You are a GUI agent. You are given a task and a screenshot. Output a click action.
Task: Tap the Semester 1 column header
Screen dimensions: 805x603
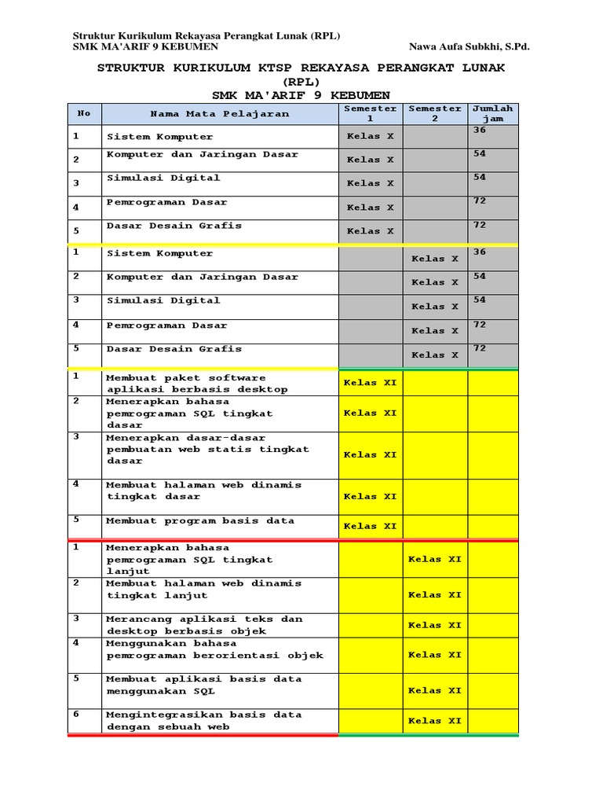(370, 113)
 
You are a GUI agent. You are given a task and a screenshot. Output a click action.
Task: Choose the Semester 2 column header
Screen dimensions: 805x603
(435, 113)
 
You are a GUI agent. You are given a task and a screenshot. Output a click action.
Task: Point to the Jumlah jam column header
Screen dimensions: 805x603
(492, 113)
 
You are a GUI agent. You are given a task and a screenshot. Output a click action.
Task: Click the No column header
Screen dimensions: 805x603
(84, 113)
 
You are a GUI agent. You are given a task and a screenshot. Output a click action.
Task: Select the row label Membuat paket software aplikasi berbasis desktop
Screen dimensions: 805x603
(196, 384)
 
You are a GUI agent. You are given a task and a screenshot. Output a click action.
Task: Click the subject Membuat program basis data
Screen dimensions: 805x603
(200, 520)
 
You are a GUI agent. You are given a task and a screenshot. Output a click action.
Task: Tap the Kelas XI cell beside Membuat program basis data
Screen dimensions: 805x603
(370, 526)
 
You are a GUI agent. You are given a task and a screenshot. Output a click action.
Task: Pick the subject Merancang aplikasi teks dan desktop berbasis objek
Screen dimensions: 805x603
(203, 625)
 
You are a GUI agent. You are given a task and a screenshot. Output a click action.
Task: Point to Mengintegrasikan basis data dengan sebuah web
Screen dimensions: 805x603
(203, 721)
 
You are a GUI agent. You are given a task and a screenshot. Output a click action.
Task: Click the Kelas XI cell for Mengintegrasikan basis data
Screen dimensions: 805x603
(435, 720)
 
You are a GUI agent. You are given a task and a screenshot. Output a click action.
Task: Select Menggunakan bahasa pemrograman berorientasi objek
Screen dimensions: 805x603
(214, 649)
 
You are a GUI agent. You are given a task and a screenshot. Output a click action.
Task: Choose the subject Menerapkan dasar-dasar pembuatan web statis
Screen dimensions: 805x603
(207, 450)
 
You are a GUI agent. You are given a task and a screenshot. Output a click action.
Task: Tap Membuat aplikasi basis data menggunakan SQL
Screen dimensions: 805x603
(203, 685)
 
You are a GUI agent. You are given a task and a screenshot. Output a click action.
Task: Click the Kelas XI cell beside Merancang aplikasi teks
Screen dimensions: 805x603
(435, 625)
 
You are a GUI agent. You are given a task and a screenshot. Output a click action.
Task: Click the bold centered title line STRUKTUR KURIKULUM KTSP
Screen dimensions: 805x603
(301, 68)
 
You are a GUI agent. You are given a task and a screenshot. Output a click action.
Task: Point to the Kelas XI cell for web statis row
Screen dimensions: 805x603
(370, 454)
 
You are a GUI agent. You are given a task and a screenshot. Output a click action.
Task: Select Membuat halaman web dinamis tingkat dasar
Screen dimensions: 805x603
(203, 491)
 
